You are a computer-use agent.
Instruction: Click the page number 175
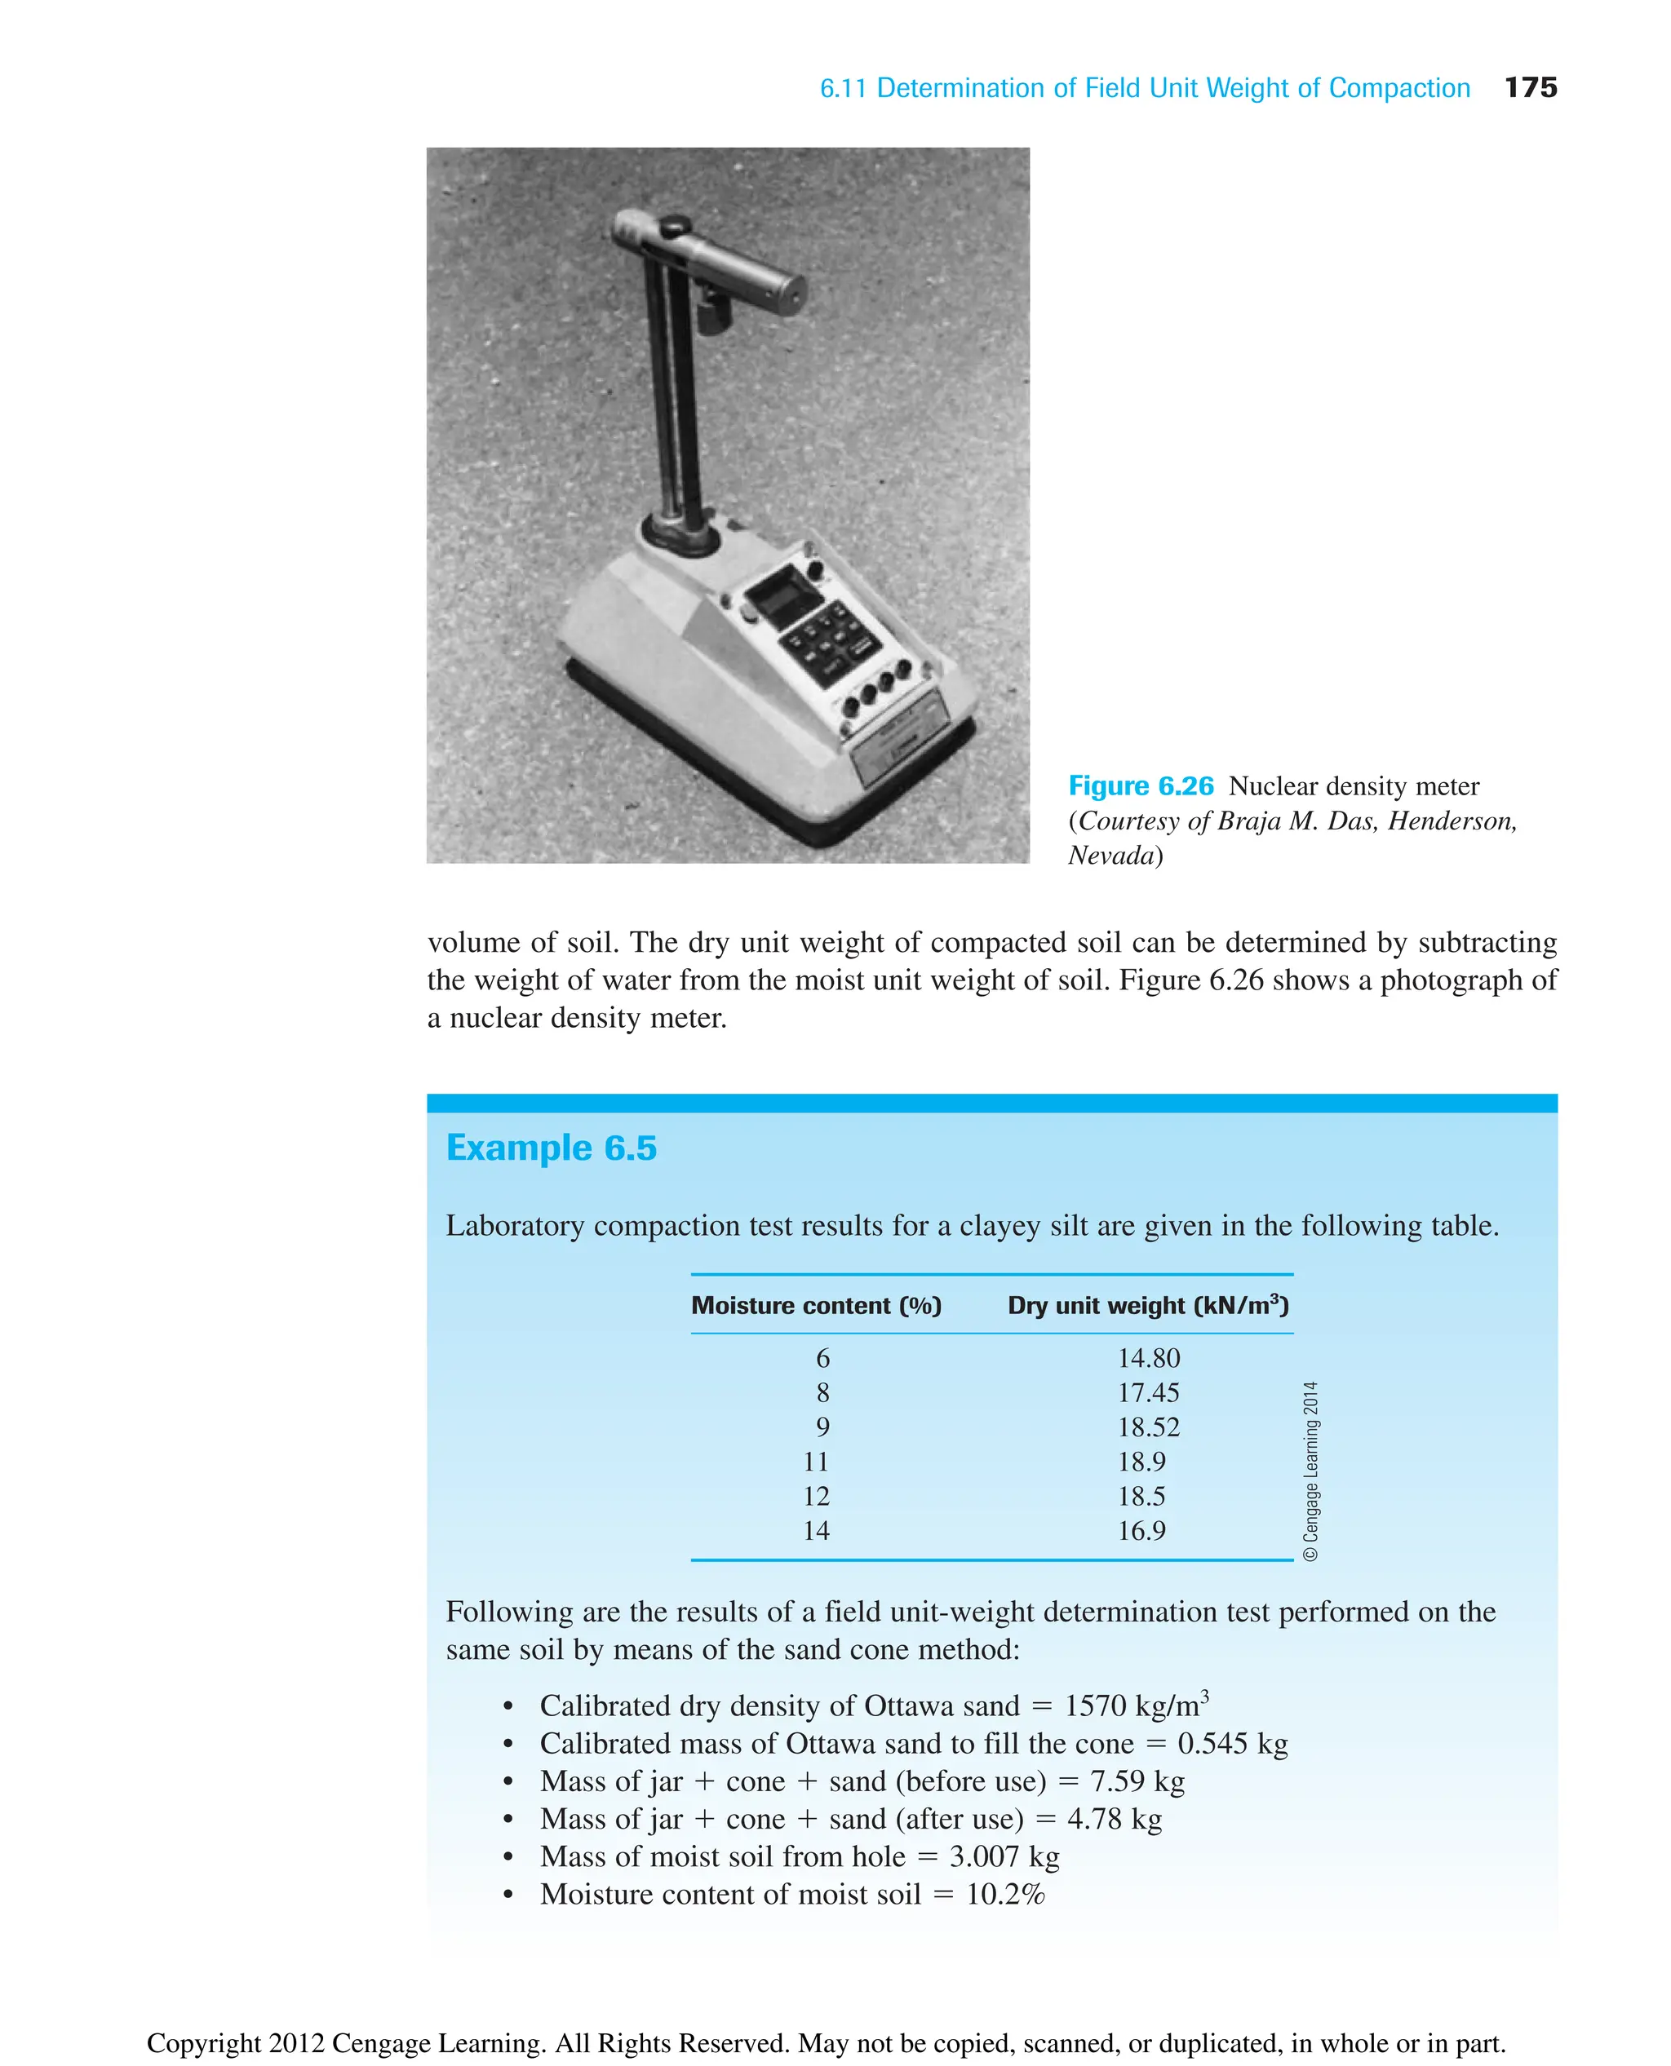[1530, 87]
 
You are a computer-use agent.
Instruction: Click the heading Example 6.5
[551, 1148]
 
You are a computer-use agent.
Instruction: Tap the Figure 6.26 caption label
[1141, 786]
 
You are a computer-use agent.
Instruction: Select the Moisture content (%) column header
[816, 1306]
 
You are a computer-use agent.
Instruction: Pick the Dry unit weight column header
[1147, 1306]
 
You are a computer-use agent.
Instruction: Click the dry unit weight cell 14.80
[1148, 1359]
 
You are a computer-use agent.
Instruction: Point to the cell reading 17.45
[1148, 1393]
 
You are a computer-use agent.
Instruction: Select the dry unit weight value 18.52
[1148, 1427]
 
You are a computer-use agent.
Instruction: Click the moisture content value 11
[816, 1462]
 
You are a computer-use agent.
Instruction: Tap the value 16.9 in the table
[1141, 1531]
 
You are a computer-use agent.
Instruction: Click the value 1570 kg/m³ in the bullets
[1136, 1706]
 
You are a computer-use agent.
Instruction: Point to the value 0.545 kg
[1232, 1744]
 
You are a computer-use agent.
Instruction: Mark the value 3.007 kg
[1004, 1856]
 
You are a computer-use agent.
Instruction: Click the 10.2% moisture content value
[1005, 1894]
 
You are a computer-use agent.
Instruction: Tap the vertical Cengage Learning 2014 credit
[1311, 1471]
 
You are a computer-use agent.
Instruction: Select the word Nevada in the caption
[1110, 856]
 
